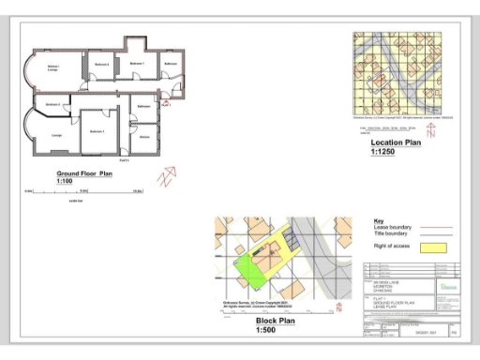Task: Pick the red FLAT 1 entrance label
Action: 166,105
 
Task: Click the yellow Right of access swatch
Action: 432,247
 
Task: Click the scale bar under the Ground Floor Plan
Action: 84,191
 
